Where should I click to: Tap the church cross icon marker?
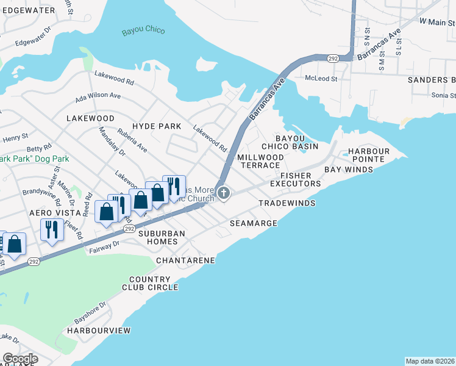pos(224,193)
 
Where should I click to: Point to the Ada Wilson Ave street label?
pos(98,96)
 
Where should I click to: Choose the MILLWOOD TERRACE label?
pos(260,161)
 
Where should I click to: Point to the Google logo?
pos(20,359)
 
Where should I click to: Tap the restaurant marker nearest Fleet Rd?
pos(51,231)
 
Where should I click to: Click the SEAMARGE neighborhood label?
pos(254,224)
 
